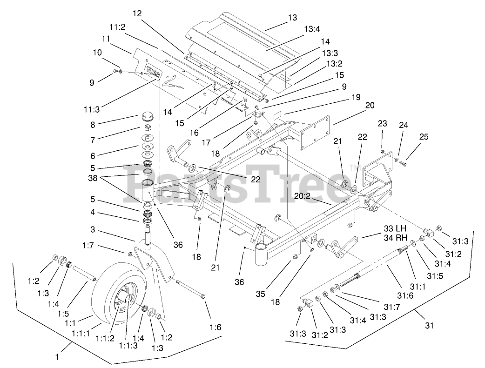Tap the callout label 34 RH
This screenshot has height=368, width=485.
click(x=395, y=238)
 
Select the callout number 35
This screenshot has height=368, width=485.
click(x=261, y=294)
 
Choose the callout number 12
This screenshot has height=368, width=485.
click(x=137, y=14)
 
